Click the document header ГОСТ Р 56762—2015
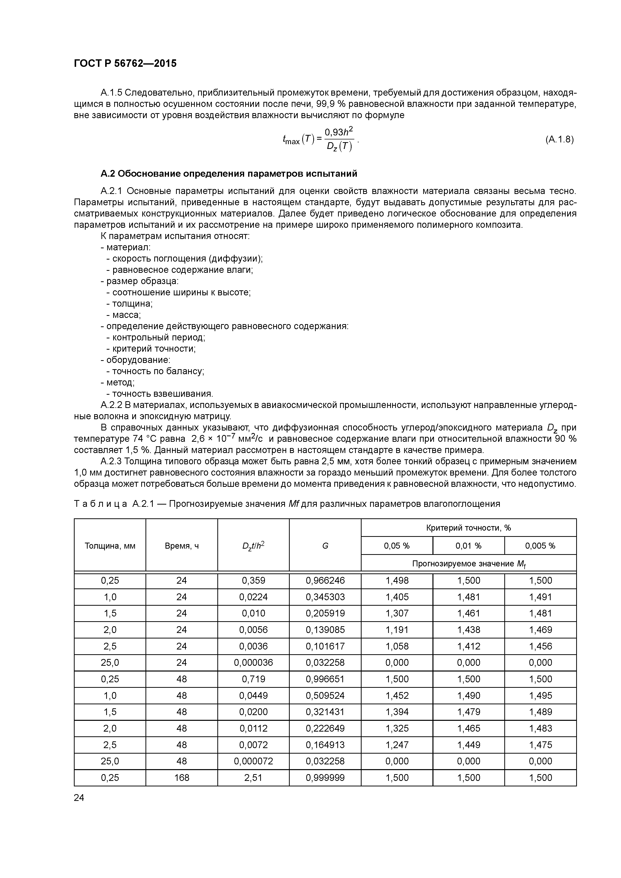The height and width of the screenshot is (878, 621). [x=125, y=64]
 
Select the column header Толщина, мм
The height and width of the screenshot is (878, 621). [x=110, y=546]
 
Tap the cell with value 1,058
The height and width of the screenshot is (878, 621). [x=397, y=646]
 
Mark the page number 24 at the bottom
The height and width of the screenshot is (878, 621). [x=79, y=797]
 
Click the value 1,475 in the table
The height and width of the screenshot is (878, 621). [x=540, y=745]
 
